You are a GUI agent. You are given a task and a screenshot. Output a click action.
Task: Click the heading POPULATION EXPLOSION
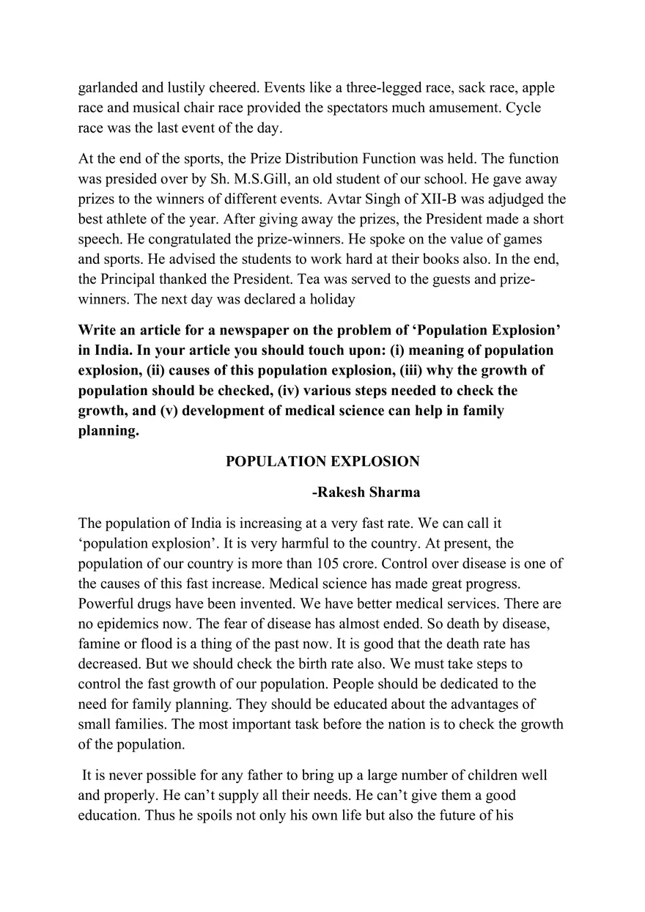point(322,461)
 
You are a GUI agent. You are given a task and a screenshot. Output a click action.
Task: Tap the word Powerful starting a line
point(105,604)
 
